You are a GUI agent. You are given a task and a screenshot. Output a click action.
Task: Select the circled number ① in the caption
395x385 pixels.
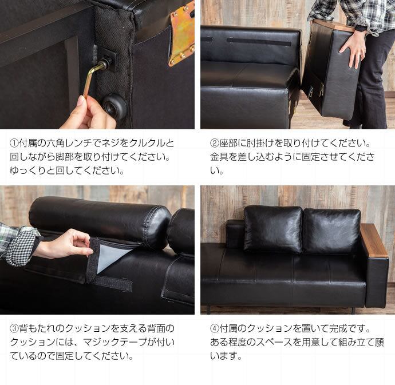click(14, 143)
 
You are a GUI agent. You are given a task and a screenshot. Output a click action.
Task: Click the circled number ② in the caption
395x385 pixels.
click(214, 143)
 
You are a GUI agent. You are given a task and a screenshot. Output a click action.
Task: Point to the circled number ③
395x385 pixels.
click(14, 328)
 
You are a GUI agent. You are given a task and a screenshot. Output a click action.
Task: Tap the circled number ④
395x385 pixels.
click(214, 328)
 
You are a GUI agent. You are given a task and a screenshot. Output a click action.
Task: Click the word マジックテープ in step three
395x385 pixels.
click(115, 342)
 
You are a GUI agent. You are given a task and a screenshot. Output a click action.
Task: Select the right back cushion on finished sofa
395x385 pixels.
click(333, 231)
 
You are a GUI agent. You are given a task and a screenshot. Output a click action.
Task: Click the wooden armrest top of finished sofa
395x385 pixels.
click(373, 239)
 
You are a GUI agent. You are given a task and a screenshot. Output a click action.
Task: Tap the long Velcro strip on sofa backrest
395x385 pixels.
click(259, 42)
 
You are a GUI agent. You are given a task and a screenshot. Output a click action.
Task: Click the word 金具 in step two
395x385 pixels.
click(219, 157)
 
